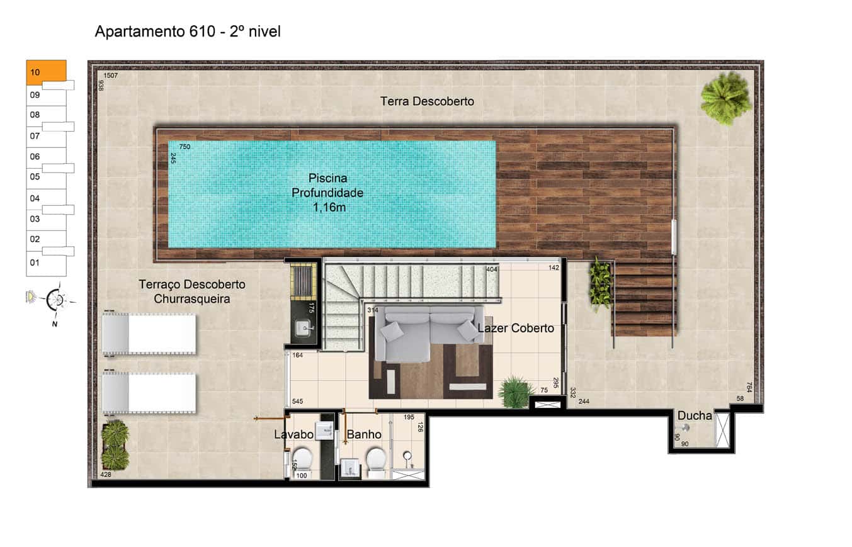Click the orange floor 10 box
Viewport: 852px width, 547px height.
pyautogui.click(x=46, y=72)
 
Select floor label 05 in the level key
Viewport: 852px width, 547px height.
pyautogui.click(x=35, y=177)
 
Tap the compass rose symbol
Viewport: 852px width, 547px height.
pyautogui.click(x=55, y=300)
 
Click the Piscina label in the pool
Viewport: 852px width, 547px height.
pyautogui.click(x=327, y=178)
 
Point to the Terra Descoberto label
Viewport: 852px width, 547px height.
pyautogui.click(x=427, y=101)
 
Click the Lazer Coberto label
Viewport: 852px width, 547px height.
pyautogui.click(x=516, y=328)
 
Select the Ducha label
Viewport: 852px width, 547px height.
pyautogui.click(x=695, y=415)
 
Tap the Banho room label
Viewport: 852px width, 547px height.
pyautogui.click(x=364, y=434)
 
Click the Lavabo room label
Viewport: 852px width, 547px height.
pyautogui.click(x=293, y=434)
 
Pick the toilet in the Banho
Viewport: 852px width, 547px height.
pyautogui.click(x=376, y=461)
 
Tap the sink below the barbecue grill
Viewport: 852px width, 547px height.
pyautogui.click(x=304, y=329)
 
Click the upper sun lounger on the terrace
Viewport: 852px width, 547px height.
pyautogui.click(x=149, y=334)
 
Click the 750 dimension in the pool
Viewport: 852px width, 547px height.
pyautogui.click(x=185, y=147)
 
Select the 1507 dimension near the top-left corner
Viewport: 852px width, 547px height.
pyautogui.click(x=111, y=76)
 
